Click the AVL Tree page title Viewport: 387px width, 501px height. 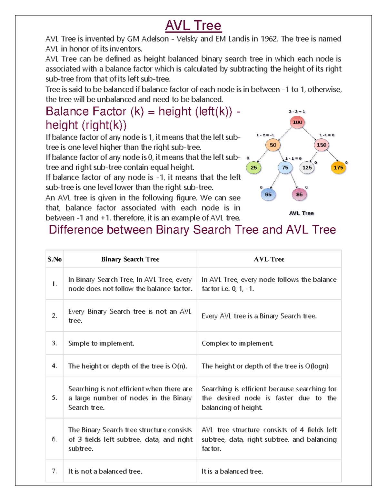(x=193, y=25)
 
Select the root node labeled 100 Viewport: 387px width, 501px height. (x=297, y=122)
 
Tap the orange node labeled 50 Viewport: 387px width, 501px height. (x=273, y=145)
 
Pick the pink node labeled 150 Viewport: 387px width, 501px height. (x=321, y=145)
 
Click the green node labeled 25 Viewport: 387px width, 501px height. (x=254, y=167)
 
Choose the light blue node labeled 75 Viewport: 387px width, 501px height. (x=285, y=167)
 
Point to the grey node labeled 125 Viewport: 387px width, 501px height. (x=307, y=167)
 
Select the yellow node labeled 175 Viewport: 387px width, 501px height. (x=338, y=167)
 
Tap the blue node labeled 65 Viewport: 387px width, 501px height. (x=268, y=195)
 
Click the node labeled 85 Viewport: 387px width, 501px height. (x=299, y=195)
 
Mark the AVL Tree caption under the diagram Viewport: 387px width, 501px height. (x=301, y=213)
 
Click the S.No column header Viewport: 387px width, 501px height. (x=55, y=259)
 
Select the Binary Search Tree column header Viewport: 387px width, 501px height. (x=130, y=259)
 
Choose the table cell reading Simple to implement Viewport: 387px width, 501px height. (x=101, y=343)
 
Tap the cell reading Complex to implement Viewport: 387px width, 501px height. (x=237, y=343)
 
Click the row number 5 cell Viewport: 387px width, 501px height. (x=55, y=398)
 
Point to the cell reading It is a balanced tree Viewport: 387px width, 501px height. (x=232, y=471)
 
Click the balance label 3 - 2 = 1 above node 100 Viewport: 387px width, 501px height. (x=297, y=112)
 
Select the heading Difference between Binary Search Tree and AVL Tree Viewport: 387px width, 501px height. (x=193, y=230)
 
